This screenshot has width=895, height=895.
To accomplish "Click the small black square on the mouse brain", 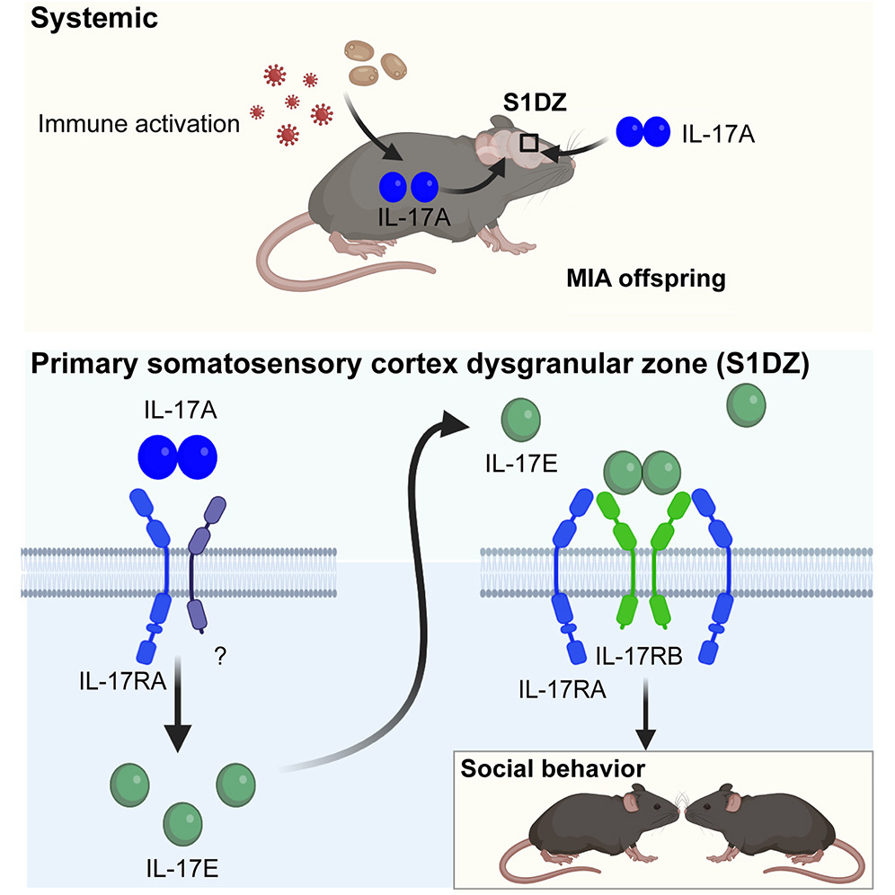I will pyautogui.click(x=530, y=142).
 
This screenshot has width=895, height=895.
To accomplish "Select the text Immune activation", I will pyautogui.click(x=139, y=124).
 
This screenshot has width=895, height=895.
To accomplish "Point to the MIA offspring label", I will pyautogui.click(x=644, y=278).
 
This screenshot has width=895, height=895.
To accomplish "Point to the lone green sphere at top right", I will pyautogui.click(x=746, y=406).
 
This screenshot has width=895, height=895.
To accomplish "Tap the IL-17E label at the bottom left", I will pyautogui.click(x=184, y=868).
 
